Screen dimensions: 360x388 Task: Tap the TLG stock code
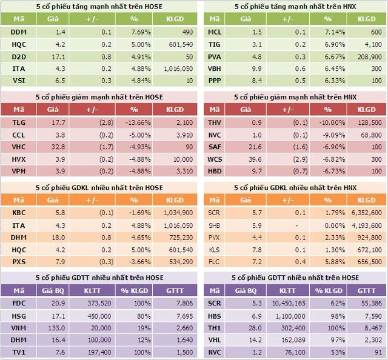point(18,122)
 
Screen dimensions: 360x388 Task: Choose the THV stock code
point(215,122)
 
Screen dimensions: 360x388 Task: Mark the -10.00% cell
point(328,122)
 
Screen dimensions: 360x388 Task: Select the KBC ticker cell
point(18,213)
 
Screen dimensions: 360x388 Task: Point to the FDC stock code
point(18,303)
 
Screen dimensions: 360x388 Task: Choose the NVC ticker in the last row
point(215,352)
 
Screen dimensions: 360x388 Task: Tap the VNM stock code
point(19,327)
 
